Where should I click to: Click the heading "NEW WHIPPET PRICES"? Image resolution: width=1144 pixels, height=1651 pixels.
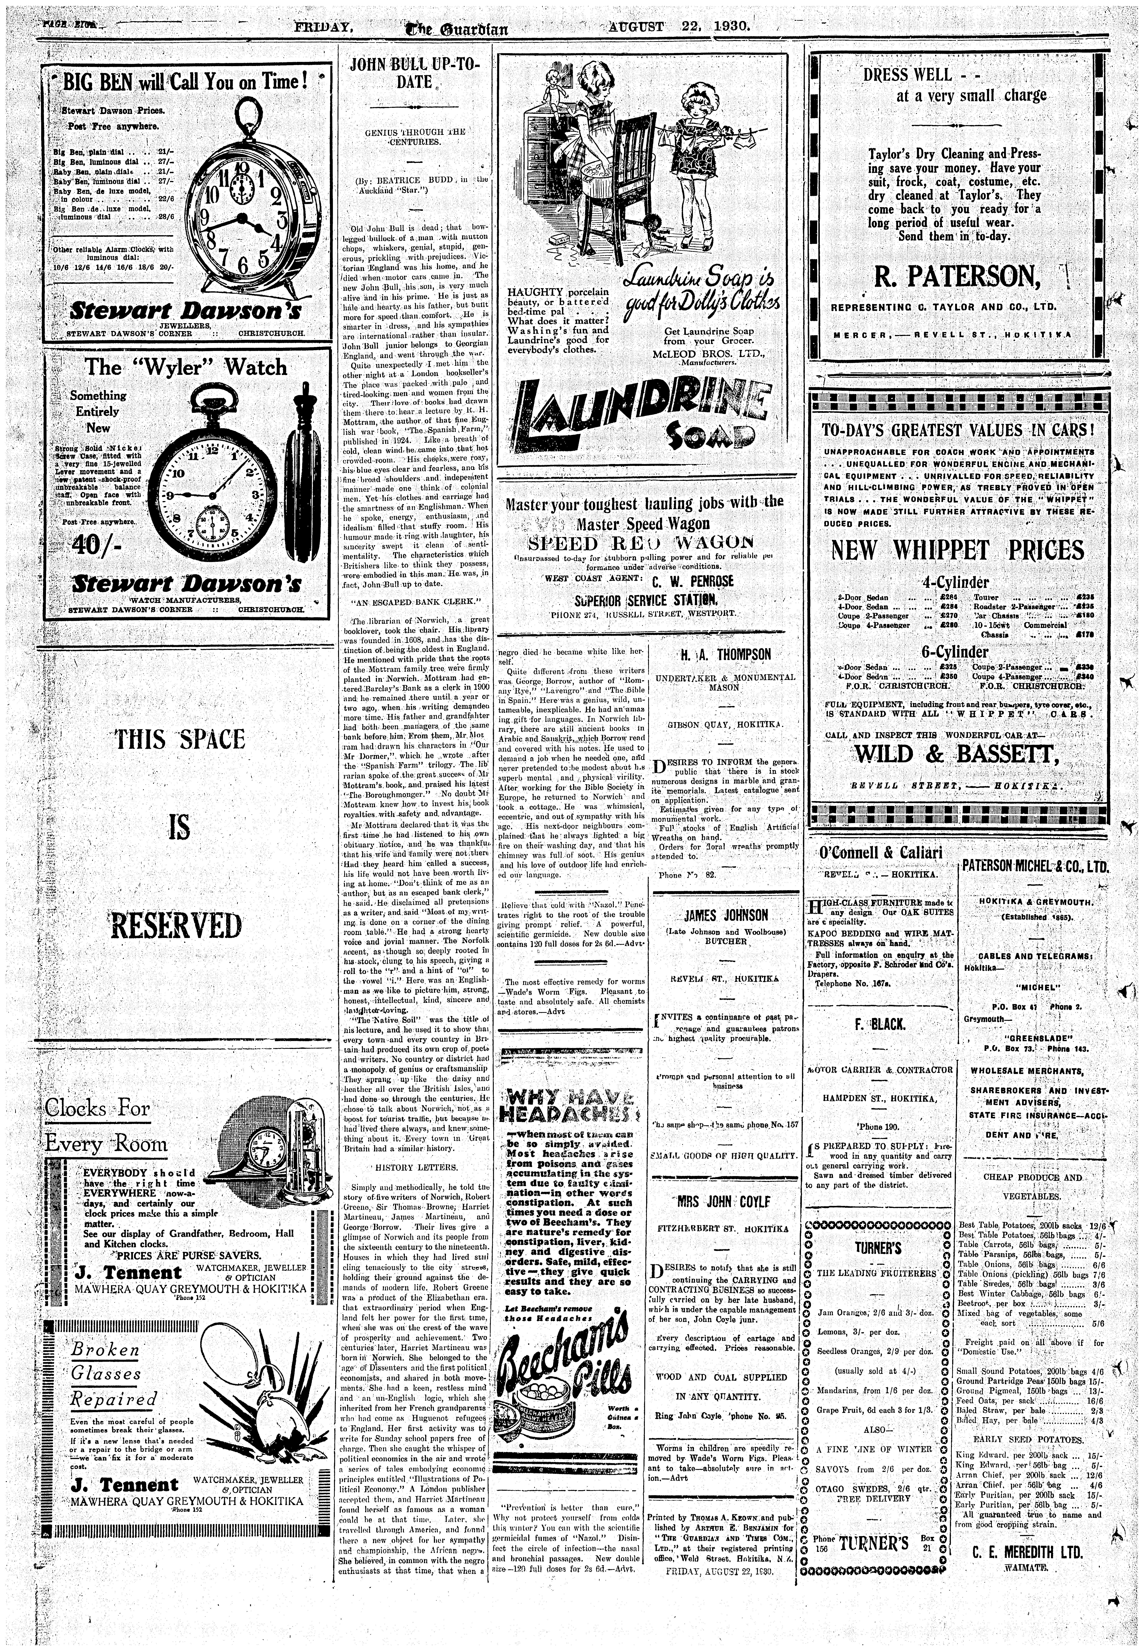958,550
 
